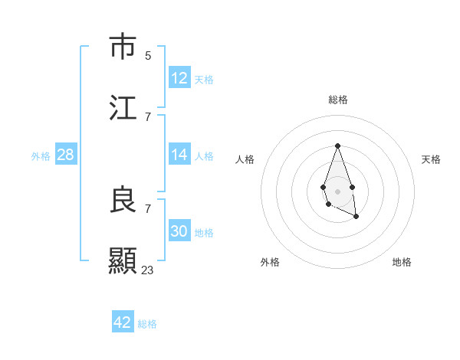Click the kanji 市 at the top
[123, 47]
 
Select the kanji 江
[123, 108]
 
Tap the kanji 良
[123, 200]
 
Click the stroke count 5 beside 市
[148, 55]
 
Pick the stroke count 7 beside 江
[148, 116]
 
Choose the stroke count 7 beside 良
[148, 208]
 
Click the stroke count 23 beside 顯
[148, 270]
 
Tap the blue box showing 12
[179, 78]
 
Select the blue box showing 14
[179, 155]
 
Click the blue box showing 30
[179, 231]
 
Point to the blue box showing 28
[66, 155]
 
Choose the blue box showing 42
[123, 322]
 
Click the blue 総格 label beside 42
[148, 324]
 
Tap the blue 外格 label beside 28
[41, 156]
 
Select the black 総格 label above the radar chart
[337, 100]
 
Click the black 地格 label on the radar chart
[402, 262]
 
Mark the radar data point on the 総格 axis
[337, 146]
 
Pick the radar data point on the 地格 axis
[356, 218]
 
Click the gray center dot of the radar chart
[337, 191]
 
